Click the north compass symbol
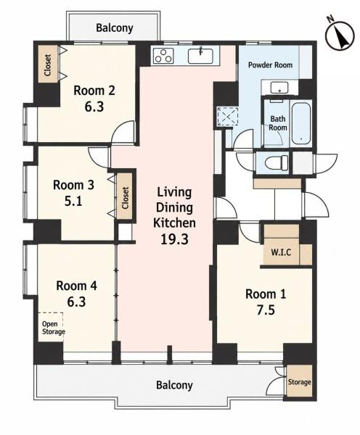(x=340, y=36)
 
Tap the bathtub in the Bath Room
(x=300, y=123)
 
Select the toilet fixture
(x=277, y=162)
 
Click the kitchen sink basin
(x=200, y=56)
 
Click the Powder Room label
(x=270, y=65)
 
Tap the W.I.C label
(x=281, y=252)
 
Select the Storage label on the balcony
(x=299, y=382)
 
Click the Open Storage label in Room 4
(x=53, y=328)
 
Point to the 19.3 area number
(x=174, y=239)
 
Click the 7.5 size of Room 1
(x=266, y=310)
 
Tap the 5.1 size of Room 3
(x=73, y=201)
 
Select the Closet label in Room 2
(x=48, y=65)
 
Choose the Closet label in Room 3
(x=126, y=198)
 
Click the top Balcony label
(x=115, y=28)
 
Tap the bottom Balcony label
(x=174, y=385)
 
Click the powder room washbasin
(x=279, y=88)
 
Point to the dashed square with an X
(x=228, y=116)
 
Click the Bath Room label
(x=278, y=123)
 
